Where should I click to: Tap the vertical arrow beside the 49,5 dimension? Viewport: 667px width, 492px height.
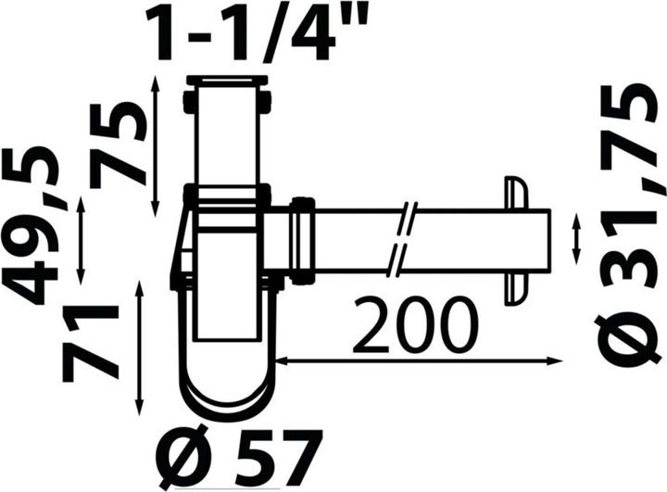(x=82, y=239)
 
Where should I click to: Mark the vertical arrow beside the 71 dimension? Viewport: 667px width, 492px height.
(x=140, y=347)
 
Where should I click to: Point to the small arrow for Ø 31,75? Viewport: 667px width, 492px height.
(x=579, y=239)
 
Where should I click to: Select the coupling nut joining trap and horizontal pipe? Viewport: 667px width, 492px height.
(x=301, y=238)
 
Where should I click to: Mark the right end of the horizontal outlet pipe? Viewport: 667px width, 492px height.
(x=547, y=239)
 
